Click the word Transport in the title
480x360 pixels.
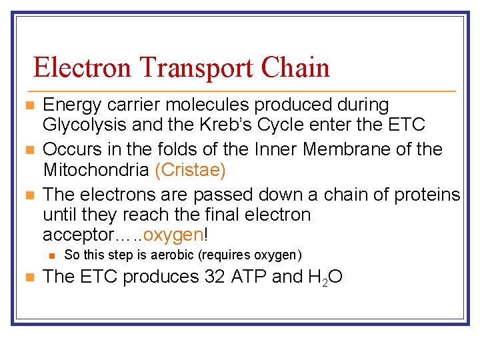tap(191, 68)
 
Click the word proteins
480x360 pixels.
tap(427, 195)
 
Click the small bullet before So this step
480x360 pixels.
tap(51, 255)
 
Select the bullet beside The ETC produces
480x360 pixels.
tap(27, 277)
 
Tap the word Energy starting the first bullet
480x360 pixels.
tap(69, 105)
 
